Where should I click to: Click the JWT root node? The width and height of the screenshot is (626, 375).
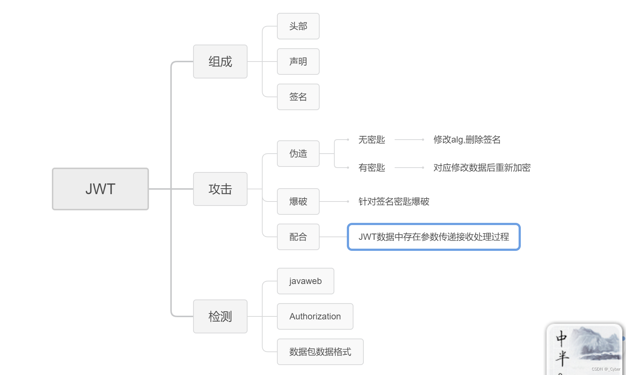100,189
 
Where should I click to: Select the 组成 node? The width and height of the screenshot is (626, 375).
220,62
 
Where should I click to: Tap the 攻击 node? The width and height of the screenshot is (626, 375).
220,189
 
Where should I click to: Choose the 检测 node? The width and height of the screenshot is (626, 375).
220,316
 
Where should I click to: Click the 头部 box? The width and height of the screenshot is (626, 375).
298,26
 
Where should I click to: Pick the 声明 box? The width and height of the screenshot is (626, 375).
298,62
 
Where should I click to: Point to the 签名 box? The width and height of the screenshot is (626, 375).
298,97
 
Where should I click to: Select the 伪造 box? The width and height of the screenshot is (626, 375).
298,154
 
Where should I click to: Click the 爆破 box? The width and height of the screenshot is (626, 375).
298,201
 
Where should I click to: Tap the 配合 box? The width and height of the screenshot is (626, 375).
298,237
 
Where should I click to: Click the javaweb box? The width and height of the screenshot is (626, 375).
306,281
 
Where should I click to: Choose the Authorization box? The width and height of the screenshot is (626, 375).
315,316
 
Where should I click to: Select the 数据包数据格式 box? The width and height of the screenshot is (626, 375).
320,352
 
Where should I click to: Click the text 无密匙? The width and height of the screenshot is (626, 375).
372,140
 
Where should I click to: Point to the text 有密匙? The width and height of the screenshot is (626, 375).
372,168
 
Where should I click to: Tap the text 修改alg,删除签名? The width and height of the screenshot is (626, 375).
467,140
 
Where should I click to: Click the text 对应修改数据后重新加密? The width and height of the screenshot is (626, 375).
482,168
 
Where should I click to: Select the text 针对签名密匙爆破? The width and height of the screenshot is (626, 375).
394,201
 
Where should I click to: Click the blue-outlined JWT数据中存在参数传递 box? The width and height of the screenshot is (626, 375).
434,237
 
